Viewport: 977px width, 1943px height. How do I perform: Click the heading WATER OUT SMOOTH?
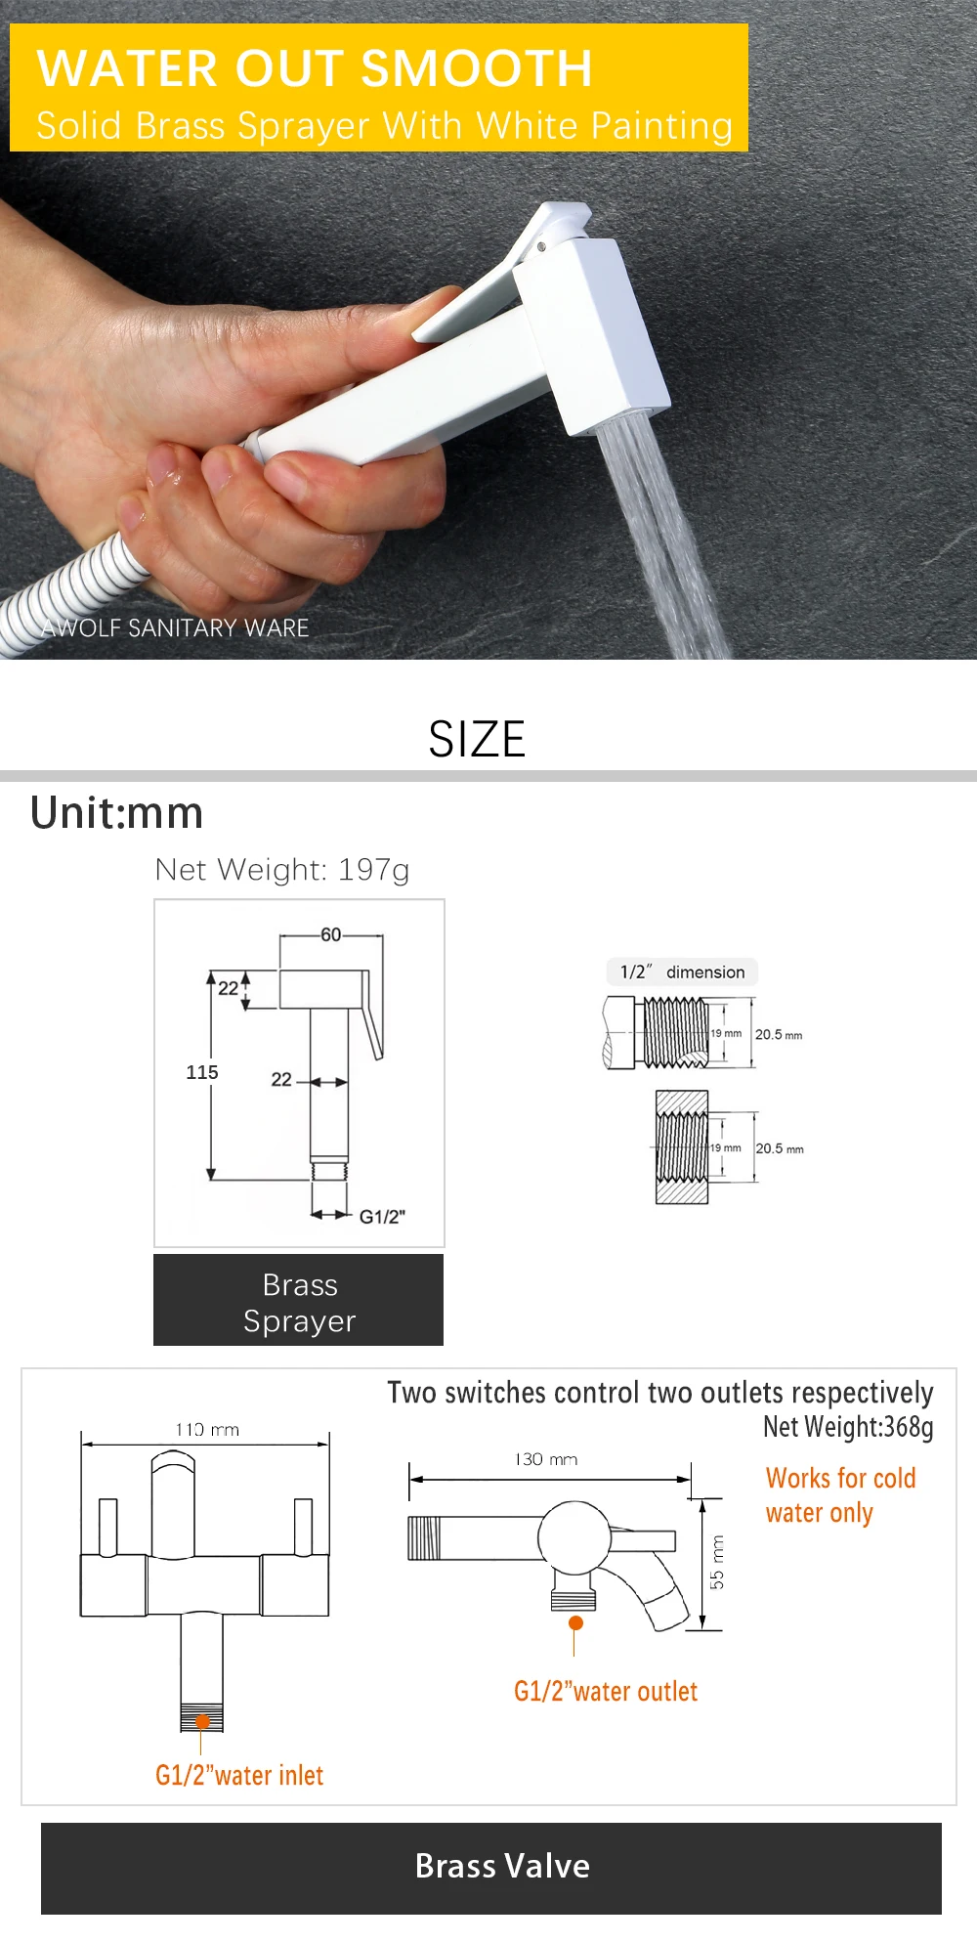pos(314,68)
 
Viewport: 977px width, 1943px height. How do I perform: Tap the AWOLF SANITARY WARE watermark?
pos(176,628)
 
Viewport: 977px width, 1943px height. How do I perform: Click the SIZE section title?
pos(477,739)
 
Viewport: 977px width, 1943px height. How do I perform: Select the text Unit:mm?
pos(117,813)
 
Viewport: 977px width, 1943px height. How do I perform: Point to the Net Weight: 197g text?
pos(282,869)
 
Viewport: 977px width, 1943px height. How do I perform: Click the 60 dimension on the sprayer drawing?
pos(331,935)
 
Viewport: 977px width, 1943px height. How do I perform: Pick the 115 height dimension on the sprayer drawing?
pos(202,1072)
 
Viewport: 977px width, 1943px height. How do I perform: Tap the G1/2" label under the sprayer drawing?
pos(382,1217)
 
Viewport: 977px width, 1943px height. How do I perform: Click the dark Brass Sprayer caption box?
pos(299,1301)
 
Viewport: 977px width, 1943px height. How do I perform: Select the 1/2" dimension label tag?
pos(682,971)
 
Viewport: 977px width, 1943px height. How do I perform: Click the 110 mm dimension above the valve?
pos(207,1430)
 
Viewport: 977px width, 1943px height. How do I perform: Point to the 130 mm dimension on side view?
pos(546,1459)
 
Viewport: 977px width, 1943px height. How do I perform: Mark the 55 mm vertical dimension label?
pos(717,1562)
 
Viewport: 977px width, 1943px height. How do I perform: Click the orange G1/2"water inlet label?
pos(239,1775)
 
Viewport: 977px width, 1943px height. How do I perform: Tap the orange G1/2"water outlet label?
pos(606,1691)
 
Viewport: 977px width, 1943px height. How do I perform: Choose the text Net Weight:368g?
pos(848,1427)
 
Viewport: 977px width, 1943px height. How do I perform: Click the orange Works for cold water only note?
pos(840,1495)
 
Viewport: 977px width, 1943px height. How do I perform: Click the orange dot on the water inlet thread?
pos(202,1722)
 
